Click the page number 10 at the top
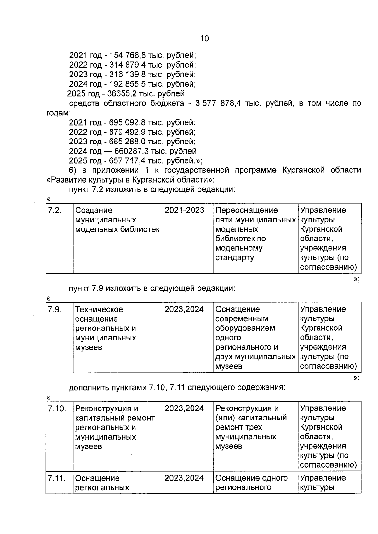tap(204, 38)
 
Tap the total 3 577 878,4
tap(218, 104)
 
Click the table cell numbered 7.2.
tap(54, 210)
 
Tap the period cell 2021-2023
tap(184, 210)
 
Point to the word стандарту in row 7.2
tap(234, 258)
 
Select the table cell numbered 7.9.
tap(54, 309)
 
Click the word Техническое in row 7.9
tap(99, 309)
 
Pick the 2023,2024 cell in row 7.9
tap(184, 309)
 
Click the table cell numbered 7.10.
tap(57, 408)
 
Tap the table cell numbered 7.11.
tap(57, 478)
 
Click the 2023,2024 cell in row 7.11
tap(184, 478)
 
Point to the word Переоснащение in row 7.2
tap(246, 210)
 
